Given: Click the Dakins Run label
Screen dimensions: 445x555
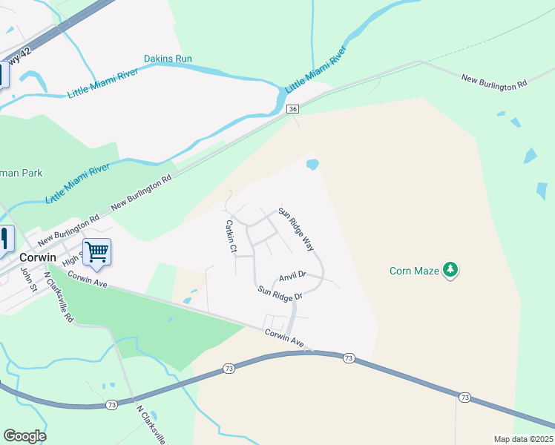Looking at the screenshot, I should [168, 59].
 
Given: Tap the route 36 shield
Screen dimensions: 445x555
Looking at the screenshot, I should [293, 108].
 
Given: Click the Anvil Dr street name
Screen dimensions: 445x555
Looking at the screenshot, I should [292, 277].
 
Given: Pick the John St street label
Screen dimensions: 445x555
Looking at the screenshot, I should [28, 280].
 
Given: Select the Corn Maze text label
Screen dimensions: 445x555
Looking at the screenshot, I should [415, 271].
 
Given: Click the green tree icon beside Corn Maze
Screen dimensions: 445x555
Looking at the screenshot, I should [450, 270].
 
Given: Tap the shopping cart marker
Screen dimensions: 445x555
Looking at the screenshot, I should [96, 252].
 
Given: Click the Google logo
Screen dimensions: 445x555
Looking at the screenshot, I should [24, 436].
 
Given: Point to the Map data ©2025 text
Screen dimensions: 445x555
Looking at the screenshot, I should [523, 439].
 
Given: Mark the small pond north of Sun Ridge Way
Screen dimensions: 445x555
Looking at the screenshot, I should [312, 164].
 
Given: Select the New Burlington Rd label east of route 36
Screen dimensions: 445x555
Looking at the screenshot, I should [493, 82].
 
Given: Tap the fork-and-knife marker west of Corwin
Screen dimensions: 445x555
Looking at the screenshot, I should [4, 238].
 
